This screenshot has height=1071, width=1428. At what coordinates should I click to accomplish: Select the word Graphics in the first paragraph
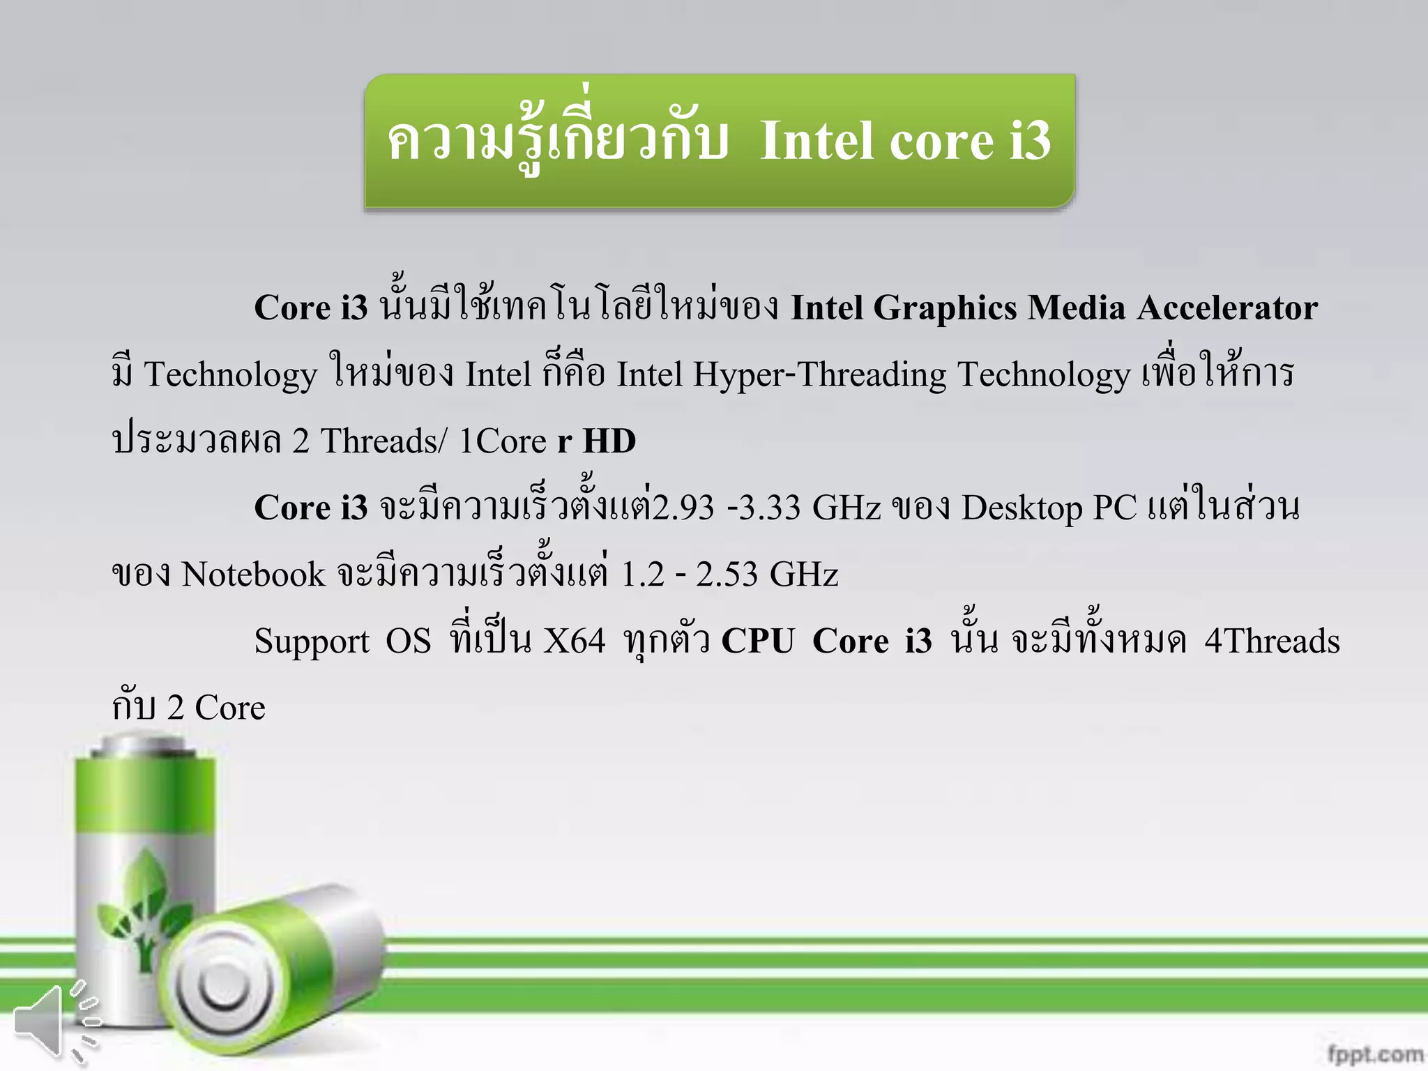pos(945,308)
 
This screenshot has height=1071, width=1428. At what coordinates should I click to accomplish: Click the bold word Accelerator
pos(1227,308)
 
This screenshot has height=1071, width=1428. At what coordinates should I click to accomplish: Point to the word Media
pos(1077,308)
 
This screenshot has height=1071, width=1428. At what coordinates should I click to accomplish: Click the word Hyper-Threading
pos(819,375)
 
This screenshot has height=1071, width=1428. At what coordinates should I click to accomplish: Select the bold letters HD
pos(609,441)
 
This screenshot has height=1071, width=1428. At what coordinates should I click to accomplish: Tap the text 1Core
pos(502,441)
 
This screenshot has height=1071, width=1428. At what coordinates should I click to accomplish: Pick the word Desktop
pos(1022,508)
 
